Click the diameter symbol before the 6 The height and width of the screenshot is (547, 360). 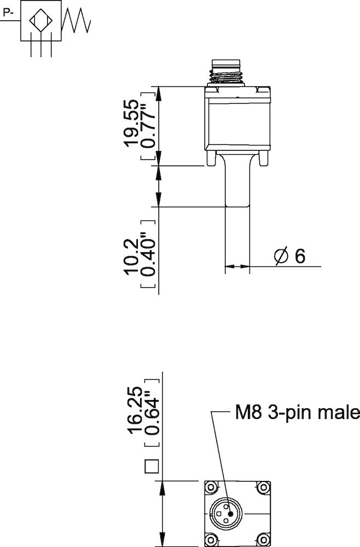(281, 256)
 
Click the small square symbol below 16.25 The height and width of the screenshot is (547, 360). (150, 467)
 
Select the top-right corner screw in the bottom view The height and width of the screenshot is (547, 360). (264, 487)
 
